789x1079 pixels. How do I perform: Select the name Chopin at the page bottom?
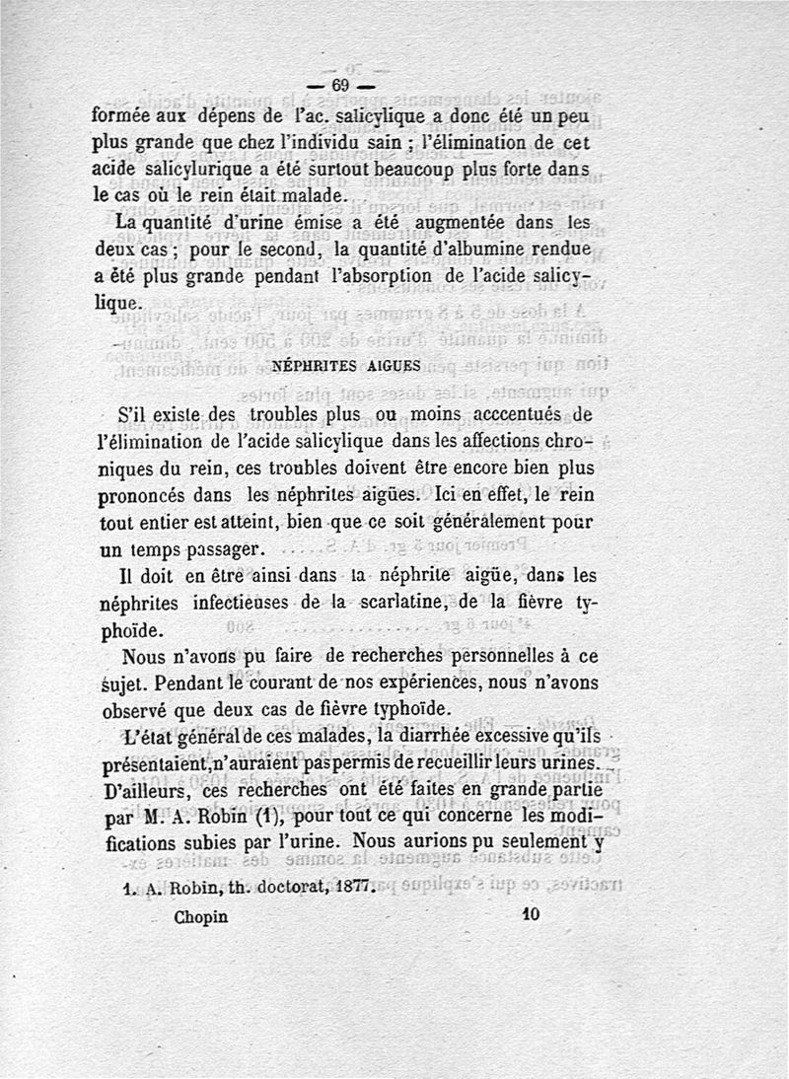[200, 916]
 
